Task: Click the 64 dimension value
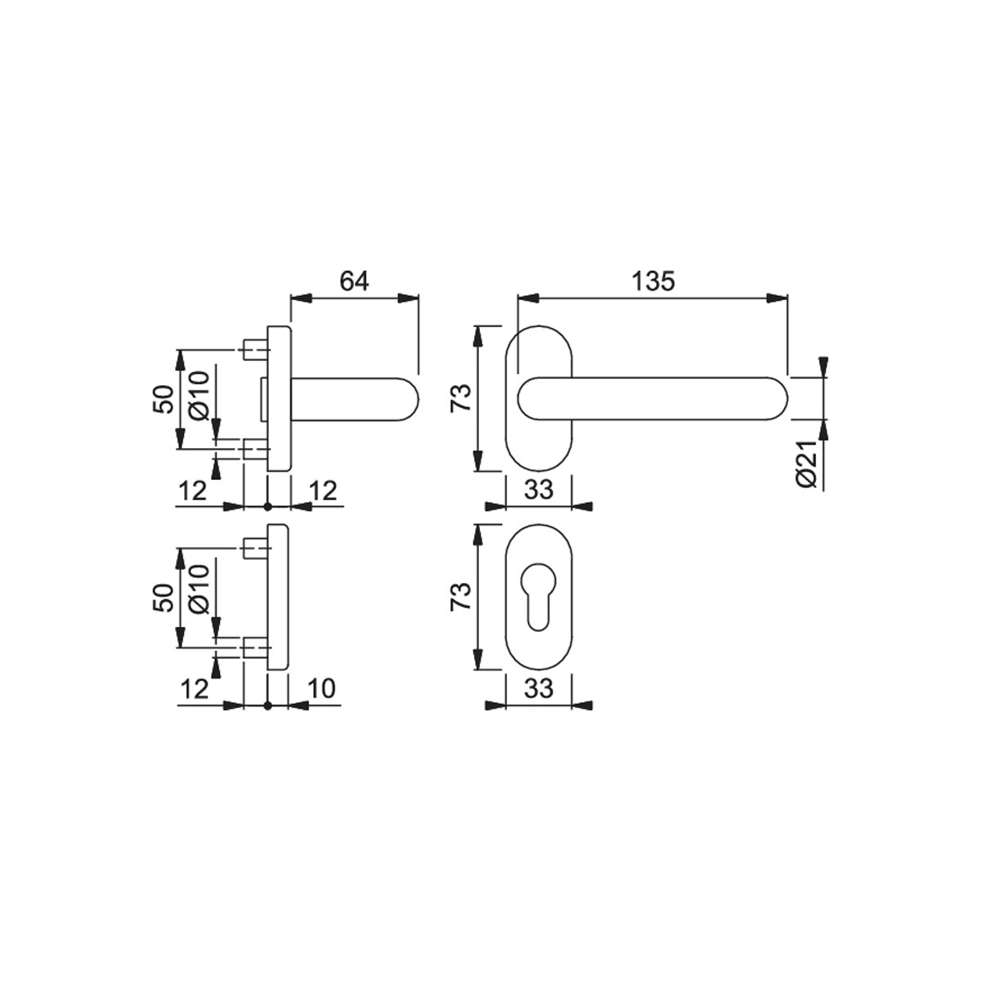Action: coord(354,280)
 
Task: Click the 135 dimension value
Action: coord(653,280)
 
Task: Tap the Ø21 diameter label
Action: coord(806,464)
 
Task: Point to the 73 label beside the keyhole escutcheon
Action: coord(461,596)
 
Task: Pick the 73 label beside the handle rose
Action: coord(461,398)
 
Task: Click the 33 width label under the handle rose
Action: coord(539,490)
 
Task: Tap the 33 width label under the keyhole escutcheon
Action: coord(539,688)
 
